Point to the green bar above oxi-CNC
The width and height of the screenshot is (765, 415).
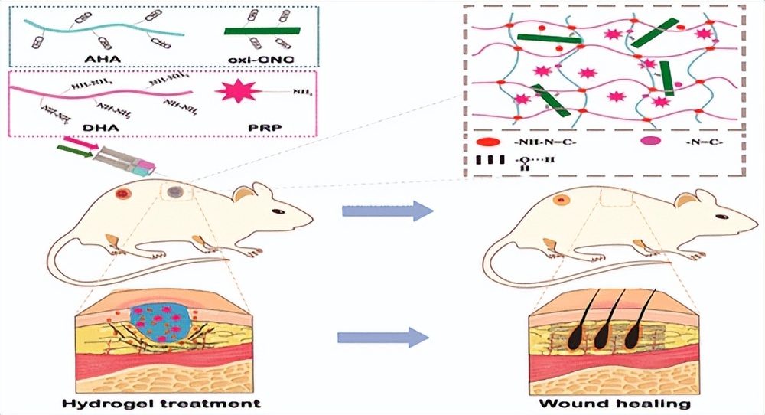click(262, 31)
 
